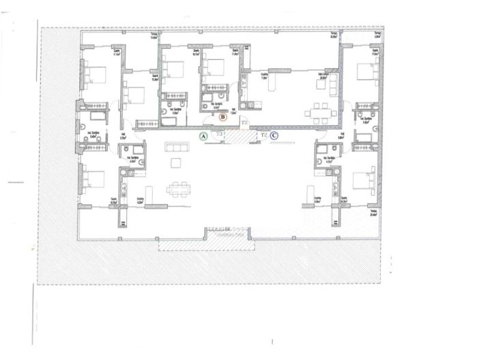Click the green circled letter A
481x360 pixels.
point(203,136)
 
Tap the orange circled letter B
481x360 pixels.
point(223,117)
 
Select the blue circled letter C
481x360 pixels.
point(274,136)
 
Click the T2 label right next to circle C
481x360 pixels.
point(263,135)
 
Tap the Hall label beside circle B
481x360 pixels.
point(233,113)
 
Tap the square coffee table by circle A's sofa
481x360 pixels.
point(176,162)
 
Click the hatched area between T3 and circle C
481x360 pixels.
point(239,136)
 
